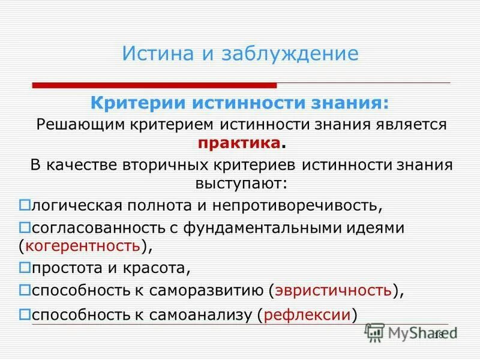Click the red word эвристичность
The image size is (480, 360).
pos(334,291)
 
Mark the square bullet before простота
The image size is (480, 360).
pos(25,266)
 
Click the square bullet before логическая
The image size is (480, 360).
pos(25,205)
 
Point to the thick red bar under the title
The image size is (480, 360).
pos(154,85)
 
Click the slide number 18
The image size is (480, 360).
pos(437,335)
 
